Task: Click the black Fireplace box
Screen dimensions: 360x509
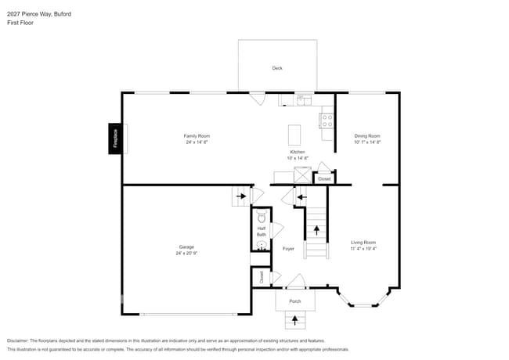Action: (115, 139)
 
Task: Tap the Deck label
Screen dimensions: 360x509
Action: (277, 68)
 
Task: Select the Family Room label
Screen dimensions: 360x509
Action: (197, 135)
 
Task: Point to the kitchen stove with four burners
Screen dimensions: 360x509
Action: (327, 121)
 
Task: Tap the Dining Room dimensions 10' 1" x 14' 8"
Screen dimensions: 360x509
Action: (366, 142)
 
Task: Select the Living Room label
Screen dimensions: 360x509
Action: (363, 242)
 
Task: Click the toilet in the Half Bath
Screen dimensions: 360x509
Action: (262, 217)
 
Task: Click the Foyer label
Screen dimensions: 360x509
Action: (288, 248)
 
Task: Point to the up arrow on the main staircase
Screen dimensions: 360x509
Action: (316, 230)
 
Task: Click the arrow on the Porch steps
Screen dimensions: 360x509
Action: (295, 319)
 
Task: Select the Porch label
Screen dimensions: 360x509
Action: (295, 301)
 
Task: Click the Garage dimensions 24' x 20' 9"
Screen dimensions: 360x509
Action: (186, 254)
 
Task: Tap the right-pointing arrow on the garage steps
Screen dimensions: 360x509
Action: (241, 196)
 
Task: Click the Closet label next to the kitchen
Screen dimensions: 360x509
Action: (324, 179)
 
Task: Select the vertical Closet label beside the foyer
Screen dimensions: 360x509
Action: (262, 276)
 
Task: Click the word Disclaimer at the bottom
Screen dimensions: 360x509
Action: (22, 341)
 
